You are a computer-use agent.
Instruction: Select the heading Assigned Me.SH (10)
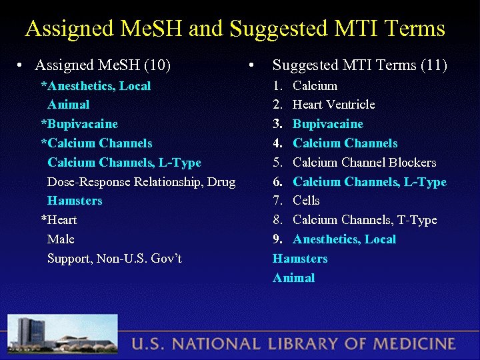coord(103,65)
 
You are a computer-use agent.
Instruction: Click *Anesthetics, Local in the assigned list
coord(96,86)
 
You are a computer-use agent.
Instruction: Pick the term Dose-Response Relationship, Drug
coord(141,182)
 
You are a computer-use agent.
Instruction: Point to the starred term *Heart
coord(59,220)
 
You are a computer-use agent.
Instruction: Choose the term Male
coord(61,239)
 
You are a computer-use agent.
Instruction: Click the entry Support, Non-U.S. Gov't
coord(114,259)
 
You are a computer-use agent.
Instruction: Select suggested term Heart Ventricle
coord(333,105)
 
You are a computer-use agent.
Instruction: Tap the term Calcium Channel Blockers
coord(364,163)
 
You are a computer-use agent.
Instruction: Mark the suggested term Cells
coord(306,201)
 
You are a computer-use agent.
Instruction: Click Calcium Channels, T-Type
coord(365,220)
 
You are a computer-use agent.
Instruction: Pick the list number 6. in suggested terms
coord(278,182)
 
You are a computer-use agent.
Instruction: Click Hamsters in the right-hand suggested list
coord(299,259)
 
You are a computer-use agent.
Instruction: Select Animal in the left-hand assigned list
coord(68,105)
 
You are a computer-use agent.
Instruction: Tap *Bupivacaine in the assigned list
coord(79,124)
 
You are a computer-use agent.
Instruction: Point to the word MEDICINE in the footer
coord(415,345)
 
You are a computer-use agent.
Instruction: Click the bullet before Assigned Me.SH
coord(21,66)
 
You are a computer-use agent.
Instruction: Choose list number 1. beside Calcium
coord(278,86)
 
